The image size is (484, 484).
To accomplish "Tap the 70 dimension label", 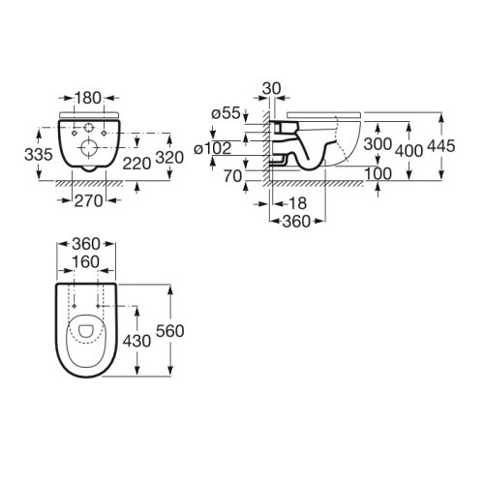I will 231,176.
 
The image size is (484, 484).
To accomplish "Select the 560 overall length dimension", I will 171,330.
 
